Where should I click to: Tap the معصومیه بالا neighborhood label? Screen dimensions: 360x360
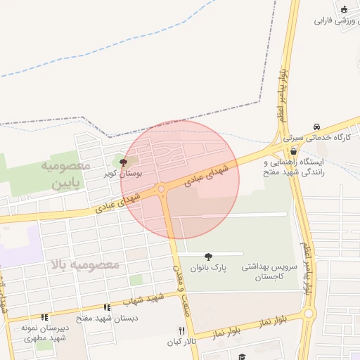coord(85,265)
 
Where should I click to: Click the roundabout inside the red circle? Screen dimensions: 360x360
coord(162,188)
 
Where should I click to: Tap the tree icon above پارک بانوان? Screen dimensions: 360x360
coord(207,257)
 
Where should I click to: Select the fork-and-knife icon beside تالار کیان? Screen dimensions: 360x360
coord(181,330)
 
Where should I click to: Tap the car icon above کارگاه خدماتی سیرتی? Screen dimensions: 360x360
coord(317,127)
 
